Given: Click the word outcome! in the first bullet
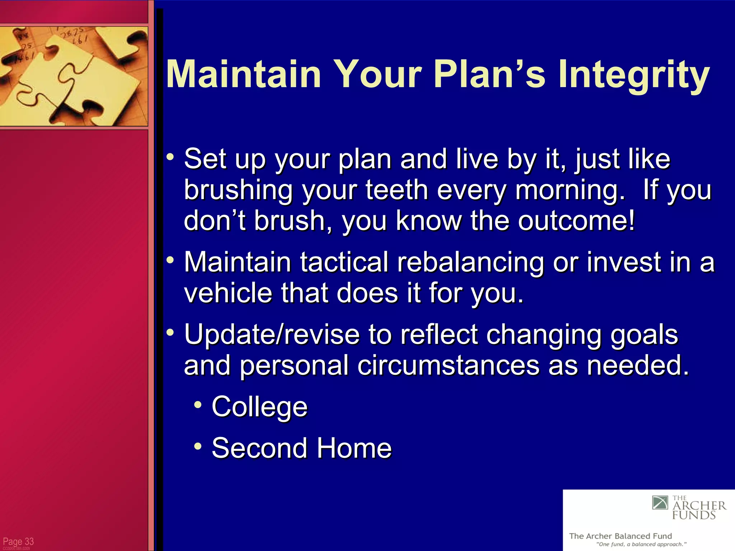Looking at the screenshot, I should pyautogui.click(x=576, y=220).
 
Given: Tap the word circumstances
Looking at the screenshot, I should pyautogui.click(x=448, y=365).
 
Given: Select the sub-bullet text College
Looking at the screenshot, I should pyautogui.click(x=259, y=407).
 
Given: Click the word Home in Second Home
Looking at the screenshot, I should pyautogui.click(x=354, y=448).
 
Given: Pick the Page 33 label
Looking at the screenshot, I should pyautogui.click(x=18, y=541).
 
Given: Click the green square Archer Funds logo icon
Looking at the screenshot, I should pyautogui.click(x=660, y=503).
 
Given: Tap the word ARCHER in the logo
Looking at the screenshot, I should pyautogui.click(x=699, y=506).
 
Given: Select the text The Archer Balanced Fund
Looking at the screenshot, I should pyautogui.click(x=620, y=536).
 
